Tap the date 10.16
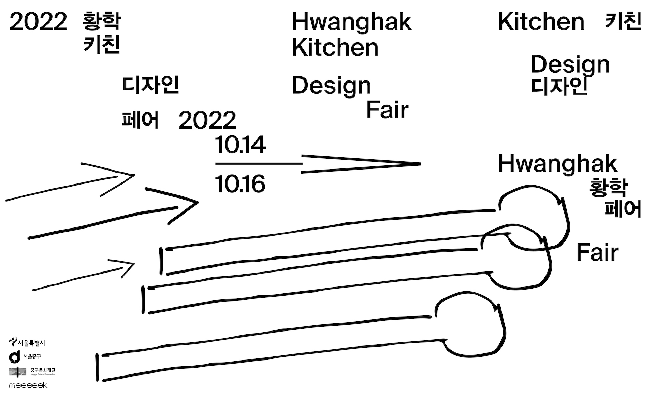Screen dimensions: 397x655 (240, 184)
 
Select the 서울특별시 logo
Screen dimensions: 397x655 (27, 342)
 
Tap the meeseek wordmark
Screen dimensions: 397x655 (28, 385)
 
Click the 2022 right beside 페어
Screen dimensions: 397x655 (207, 120)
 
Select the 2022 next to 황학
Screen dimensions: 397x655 (38, 22)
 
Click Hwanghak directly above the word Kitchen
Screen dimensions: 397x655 (351, 22)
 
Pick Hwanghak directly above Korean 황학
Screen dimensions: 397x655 (557, 164)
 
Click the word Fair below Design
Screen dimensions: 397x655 (387, 110)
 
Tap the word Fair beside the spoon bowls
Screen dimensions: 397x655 (597, 253)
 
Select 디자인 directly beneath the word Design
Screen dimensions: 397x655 (559, 86)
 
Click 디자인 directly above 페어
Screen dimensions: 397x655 (151, 85)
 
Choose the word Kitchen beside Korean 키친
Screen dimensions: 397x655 (541, 22)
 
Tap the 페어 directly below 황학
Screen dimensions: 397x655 (623, 209)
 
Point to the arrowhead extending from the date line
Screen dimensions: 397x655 (403, 164)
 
